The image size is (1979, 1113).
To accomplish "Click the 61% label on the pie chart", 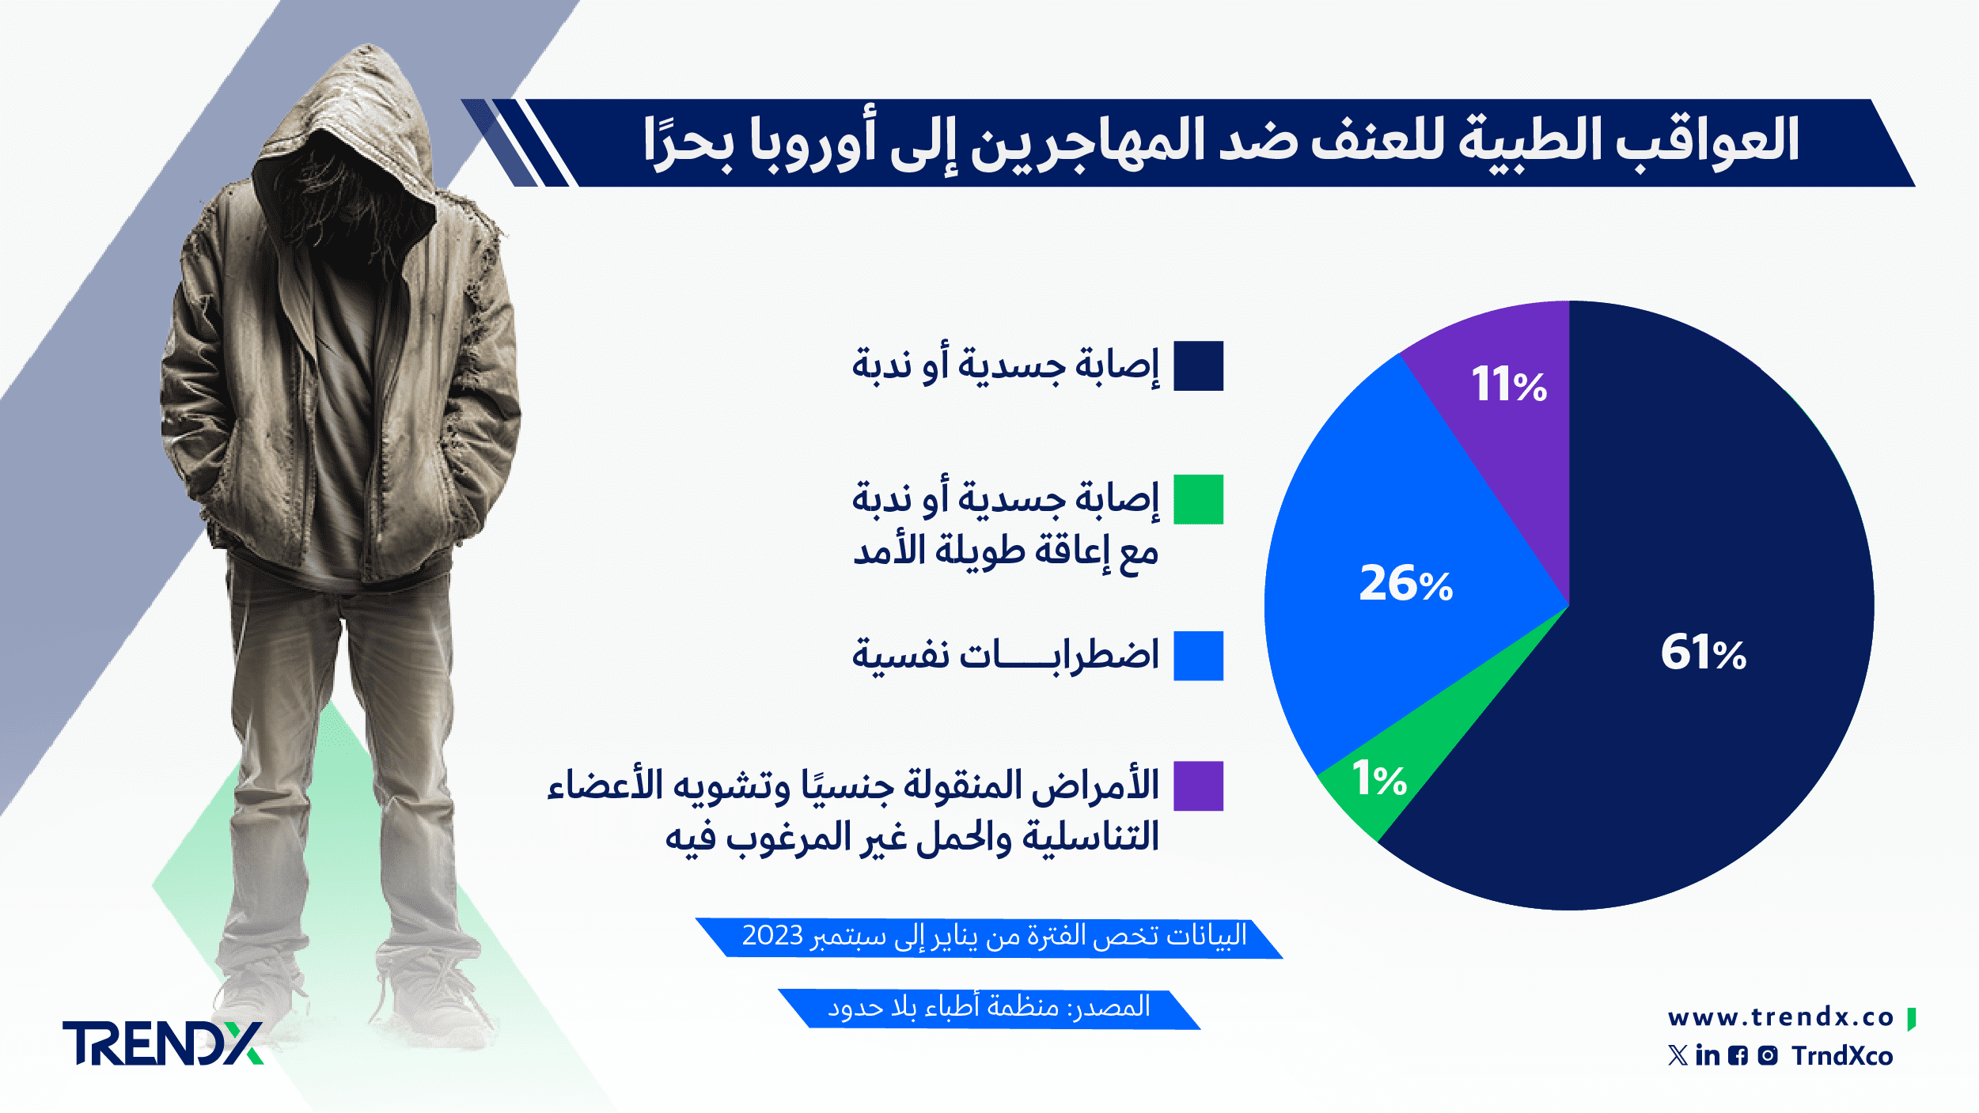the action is coord(1703,653).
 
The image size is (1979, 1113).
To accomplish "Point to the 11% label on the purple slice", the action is coord(1509,384).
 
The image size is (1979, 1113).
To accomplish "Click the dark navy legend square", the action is coord(1198,366).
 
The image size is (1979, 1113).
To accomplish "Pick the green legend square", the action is coord(1198,499).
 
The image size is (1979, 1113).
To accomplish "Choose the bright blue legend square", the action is coord(1198,656).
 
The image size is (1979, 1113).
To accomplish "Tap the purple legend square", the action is coord(1198,786).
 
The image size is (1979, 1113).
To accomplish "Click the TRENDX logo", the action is coord(163,1043).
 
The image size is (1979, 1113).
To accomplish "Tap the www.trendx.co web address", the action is coord(1780,1017).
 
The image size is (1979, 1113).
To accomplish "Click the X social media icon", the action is coord(1678,1055).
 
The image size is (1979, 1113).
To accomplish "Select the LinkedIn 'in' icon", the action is coord(1708,1055).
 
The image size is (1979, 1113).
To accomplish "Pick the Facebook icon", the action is coord(1738,1055).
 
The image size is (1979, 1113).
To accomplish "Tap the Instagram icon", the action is coord(1768,1055).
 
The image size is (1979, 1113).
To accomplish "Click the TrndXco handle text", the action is coord(1842,1056).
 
